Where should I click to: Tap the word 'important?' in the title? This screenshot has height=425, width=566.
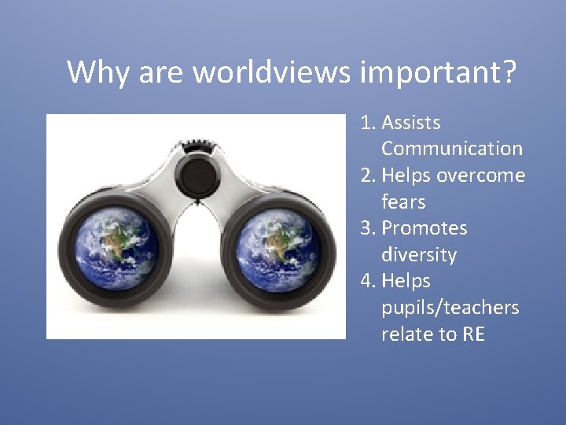439,72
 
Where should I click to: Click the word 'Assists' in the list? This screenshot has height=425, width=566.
410,123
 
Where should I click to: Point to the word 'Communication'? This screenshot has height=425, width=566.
452,149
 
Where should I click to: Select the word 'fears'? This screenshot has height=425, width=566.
403,202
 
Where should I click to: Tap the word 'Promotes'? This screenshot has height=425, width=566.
424,228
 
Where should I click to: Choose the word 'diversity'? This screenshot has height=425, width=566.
419,255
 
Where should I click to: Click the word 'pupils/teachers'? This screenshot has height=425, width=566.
450,308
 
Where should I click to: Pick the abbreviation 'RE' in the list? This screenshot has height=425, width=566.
473,334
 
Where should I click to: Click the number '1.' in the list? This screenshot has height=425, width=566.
369,123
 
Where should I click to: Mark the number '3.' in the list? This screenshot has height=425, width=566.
369,228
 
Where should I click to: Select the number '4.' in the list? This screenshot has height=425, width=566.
369,281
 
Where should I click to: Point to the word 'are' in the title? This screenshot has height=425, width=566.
162,72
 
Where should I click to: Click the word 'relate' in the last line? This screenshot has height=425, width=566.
407,334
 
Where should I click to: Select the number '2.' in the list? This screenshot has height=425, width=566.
369,176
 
